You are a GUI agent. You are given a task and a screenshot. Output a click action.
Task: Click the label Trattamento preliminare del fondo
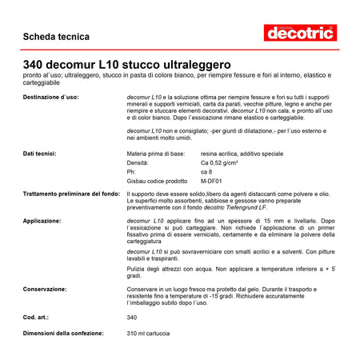(71, 194)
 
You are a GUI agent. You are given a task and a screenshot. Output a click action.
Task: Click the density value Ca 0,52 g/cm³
(224, 162)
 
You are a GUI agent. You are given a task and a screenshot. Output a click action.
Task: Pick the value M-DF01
(212, 181)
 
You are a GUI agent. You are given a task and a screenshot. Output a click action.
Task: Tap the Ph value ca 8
(206, 171)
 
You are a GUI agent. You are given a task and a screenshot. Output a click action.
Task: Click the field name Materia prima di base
(156, 153)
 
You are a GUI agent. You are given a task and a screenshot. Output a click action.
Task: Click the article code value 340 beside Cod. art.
(132, 318)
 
